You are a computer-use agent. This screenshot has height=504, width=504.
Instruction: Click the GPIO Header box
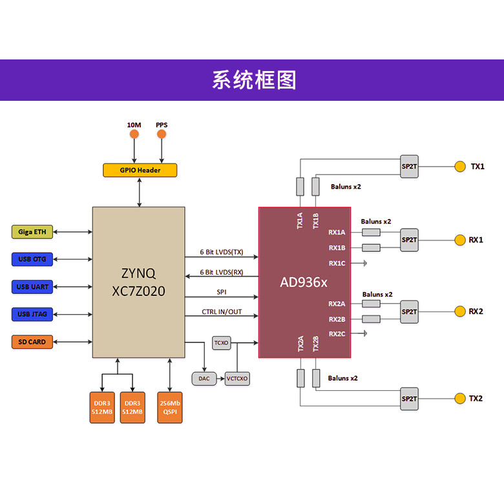point(140,170)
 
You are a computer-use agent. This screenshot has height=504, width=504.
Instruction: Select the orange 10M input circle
point(134,134)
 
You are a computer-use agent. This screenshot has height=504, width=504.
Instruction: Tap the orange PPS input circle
point(162,134)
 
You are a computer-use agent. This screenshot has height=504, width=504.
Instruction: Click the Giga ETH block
point(32,232)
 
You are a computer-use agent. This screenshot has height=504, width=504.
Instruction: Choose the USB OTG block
point(32,259)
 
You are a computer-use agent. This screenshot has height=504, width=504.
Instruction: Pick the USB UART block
point(32,287)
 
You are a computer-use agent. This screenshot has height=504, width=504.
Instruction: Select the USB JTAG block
point(32,314)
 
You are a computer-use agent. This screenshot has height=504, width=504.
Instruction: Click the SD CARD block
point(32,342)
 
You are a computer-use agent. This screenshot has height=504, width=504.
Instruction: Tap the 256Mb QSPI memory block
point(170,407)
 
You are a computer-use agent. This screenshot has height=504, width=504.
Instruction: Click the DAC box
point(204,379)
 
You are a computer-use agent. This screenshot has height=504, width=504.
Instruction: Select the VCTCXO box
point(237,379)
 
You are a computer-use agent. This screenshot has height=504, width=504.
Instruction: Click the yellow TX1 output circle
point(459,167)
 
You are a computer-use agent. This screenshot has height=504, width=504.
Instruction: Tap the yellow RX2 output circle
point(459,311)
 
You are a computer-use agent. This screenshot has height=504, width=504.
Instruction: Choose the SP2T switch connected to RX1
point(409,240)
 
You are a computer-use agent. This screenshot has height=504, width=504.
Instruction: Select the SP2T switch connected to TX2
point(409,399)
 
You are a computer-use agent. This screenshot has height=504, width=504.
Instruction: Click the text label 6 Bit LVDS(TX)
point(222,252)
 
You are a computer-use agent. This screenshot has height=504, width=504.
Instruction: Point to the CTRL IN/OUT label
point(222,312)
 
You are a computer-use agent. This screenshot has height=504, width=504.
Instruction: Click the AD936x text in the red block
point(304,282)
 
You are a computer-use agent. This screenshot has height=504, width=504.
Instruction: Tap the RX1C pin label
point(337,263)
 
